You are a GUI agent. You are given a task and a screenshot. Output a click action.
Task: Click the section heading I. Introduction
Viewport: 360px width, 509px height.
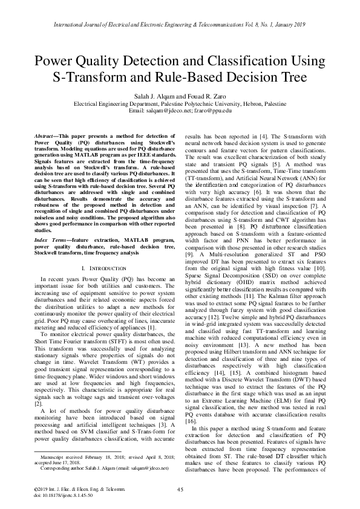(101, 267)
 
